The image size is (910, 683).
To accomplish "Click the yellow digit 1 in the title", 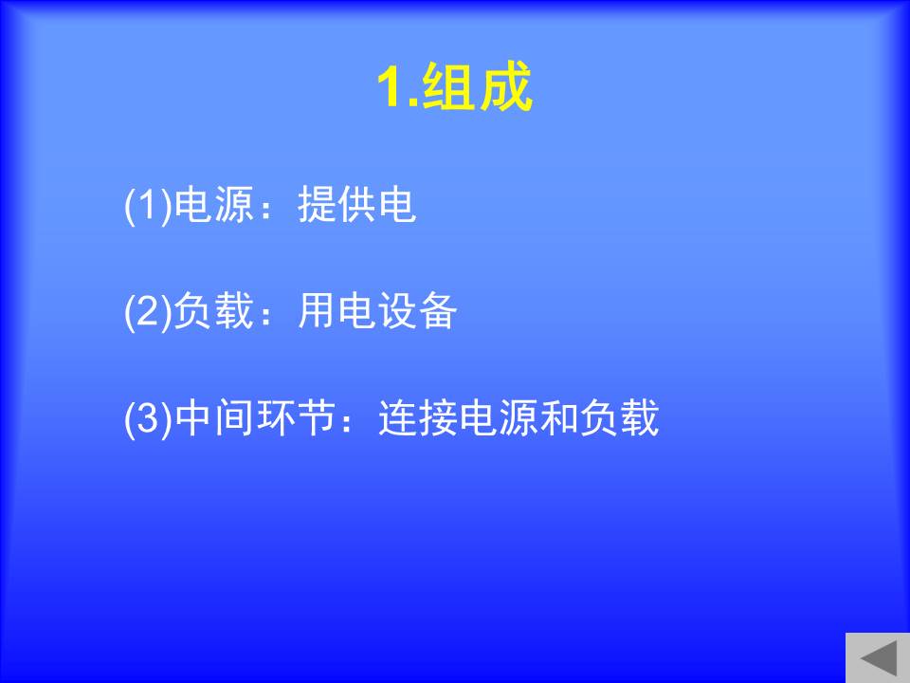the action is click(x=391, y=86).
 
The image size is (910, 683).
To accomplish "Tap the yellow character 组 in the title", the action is click(x=446, y=86).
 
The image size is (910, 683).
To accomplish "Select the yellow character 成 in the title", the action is click(x=504, y=86).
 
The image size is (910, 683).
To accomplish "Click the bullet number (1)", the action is click(x=149, y=205).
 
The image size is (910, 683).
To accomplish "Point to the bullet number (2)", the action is click(x=149, y=311).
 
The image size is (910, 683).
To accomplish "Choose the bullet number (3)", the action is click(x=149, y=418).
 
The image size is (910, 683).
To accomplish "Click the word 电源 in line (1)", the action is click(x=214, y=205).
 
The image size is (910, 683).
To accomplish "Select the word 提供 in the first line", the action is click(x=337, y=205).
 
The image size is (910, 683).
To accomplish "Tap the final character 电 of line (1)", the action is click(x=397, y=205).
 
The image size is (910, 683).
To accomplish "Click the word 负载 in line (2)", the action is click(x=214, y=311).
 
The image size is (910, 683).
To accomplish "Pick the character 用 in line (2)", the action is click(x=317, y=311).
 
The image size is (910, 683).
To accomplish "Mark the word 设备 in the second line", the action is click(x=417, y=311).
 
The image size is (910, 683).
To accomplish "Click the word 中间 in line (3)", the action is click(x=214, y=417).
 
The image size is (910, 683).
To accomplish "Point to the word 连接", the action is click(x=418, y=417).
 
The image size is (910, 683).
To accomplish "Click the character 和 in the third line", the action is click(x=559, y=417).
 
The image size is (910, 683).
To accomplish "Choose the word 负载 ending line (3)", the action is click(x=620, y=417).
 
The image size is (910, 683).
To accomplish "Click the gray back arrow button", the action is click(x=878, y=658).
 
